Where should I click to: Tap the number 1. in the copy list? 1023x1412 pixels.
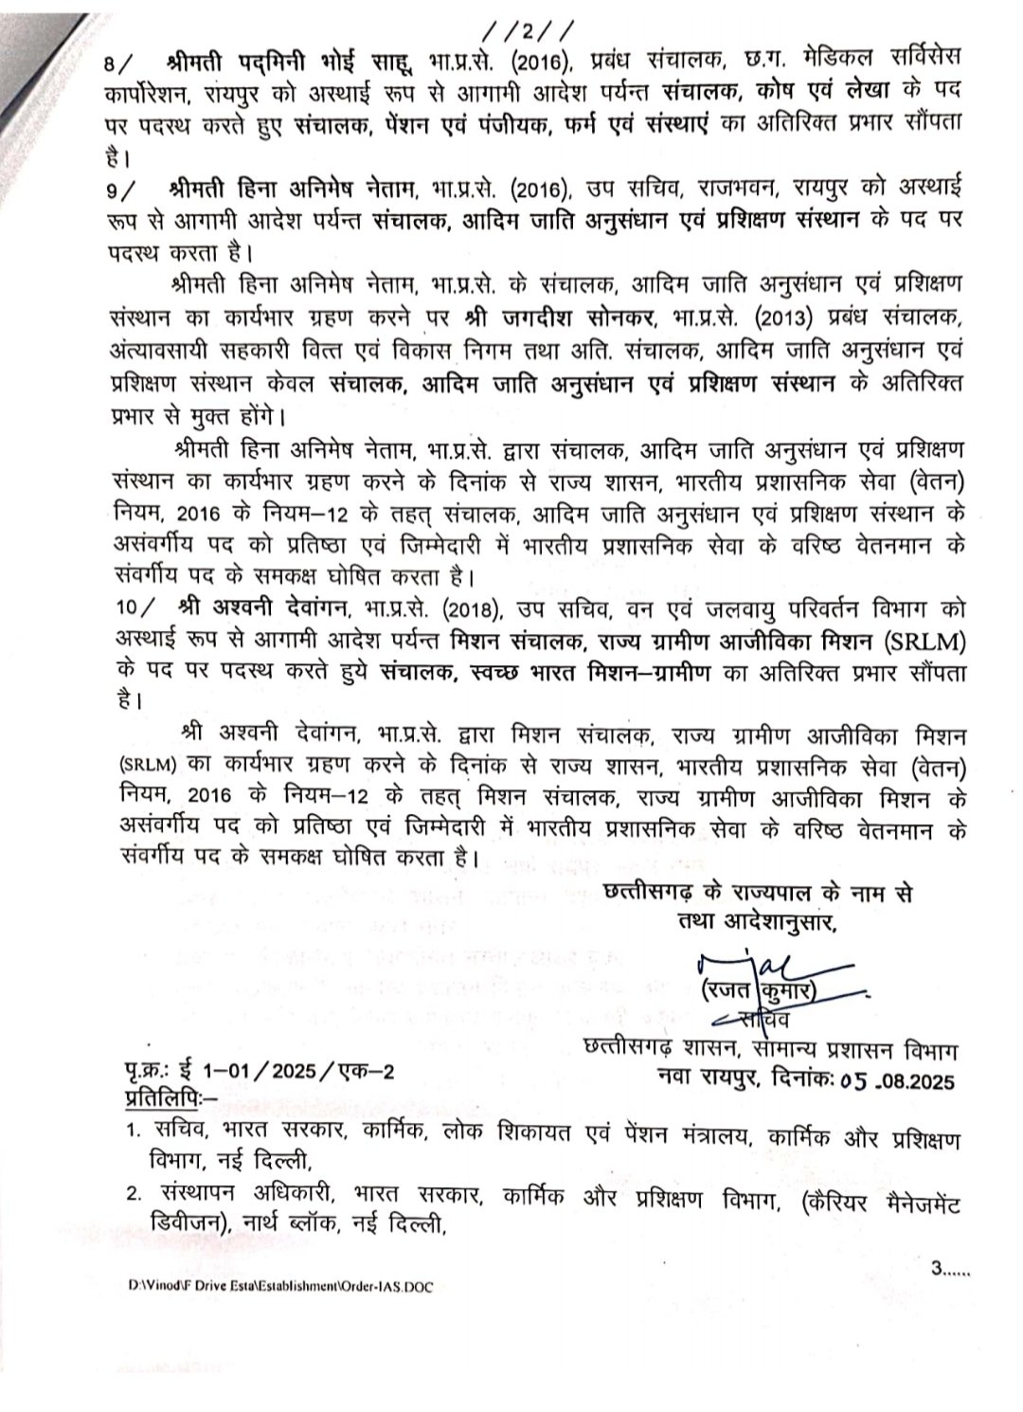click(x=134, y=1135)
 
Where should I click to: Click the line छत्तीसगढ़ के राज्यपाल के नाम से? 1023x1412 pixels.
click(x=757, y=894)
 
